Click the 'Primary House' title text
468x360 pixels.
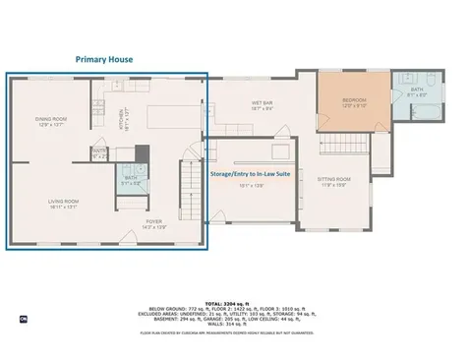click(104, 59)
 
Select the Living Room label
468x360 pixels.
click(64, 204)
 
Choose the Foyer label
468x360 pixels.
click(154, 223)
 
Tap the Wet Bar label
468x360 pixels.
click(263, 105)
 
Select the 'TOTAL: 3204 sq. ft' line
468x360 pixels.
click(233, 303)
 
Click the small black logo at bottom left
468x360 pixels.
click(24, 320)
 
